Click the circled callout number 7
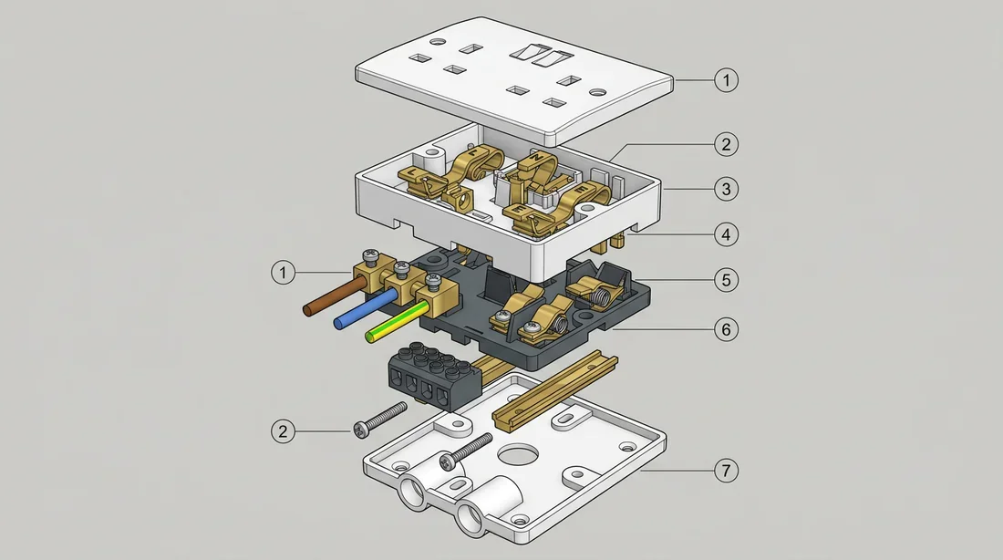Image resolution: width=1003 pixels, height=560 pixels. point(726,471)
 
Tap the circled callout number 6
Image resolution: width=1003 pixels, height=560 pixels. point(726,329)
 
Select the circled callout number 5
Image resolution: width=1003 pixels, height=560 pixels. point(726,280)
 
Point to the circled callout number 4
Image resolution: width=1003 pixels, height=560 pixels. point(726,234)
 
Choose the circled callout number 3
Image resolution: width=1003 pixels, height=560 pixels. point(726,190)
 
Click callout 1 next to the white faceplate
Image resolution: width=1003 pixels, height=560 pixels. point(726,80)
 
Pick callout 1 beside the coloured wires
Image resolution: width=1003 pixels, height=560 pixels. point(284,273)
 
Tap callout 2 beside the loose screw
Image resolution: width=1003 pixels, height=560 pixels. point(284,431)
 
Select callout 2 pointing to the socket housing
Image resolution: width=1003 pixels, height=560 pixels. point(726,144)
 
